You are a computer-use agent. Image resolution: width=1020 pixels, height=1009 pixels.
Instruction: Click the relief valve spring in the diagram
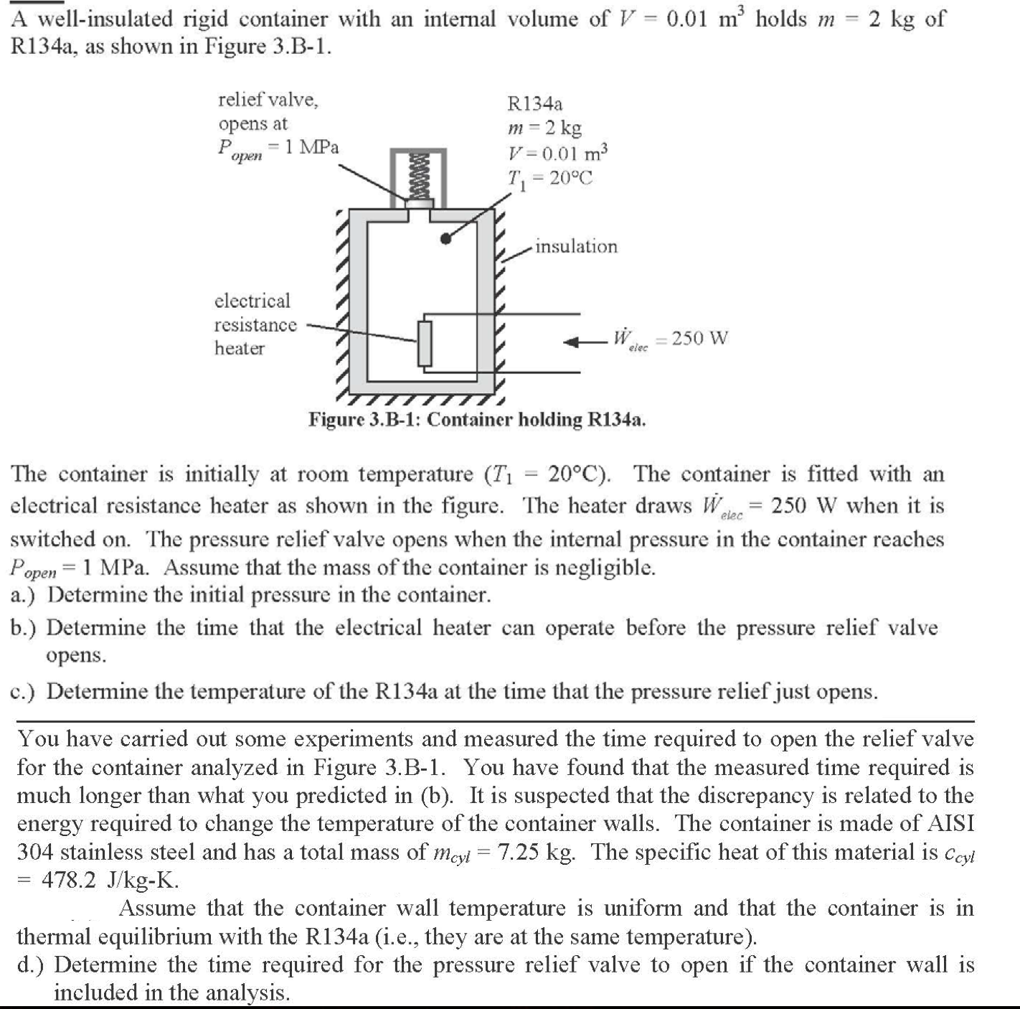(x=418, y=175)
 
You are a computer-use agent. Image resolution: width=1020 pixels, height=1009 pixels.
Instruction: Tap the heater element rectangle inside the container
(x=426, y=344)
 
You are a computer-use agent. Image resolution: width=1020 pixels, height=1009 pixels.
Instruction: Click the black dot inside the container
(x=446, y=240)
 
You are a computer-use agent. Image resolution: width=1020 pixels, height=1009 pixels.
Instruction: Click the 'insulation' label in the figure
(x=576, y=247)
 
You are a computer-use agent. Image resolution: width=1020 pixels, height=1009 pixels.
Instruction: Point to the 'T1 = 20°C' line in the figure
(x=550, y=179)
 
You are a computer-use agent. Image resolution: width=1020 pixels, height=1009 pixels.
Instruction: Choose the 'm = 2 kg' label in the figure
(x=544, y=128)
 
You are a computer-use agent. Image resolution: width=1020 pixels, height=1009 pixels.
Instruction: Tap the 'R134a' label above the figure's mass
(x=535, y=104)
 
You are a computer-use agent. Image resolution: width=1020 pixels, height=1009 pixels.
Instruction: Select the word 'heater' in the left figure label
(x=240, y=349)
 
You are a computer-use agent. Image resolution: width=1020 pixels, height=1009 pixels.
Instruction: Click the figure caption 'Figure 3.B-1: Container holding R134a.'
(x=477, y=419)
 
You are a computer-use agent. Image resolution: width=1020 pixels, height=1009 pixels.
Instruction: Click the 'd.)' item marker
(x=33, y=965)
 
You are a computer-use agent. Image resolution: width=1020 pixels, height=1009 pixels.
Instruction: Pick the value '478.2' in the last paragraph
(x=69, y=880)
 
